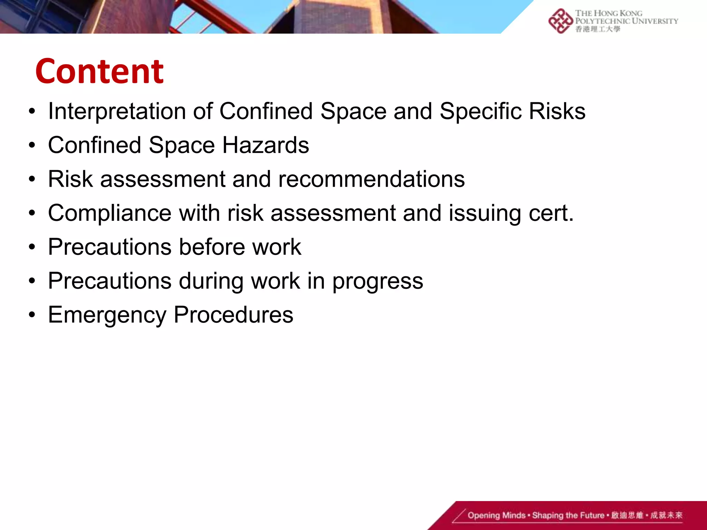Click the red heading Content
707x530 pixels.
(x=99, y=71)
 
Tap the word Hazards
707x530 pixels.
(x=265, y=145)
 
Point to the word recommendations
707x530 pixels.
(x=371, y=179)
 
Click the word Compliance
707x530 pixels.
(x=109, y=213)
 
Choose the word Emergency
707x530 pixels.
(x=107, y=315)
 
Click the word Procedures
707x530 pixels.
(x=233, y=315)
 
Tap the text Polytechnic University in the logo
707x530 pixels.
(x=626, y=21)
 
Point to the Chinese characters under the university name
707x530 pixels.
(x=598, y=29)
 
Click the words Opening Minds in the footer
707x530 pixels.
(x=496, y=516)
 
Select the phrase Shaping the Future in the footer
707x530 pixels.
(x=568, y=516)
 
